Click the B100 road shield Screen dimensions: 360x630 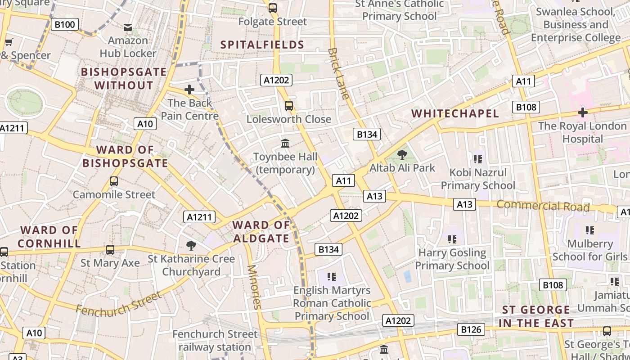tap(65, 24)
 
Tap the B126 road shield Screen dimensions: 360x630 tap(471, 329)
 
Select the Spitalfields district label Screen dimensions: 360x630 tap(263, 45)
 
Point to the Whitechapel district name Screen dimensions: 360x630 tap(455, 113)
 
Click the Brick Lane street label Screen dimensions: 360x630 tap(339, 73)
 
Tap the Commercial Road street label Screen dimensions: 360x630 tap(543, 206)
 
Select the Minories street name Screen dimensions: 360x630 tap(254, 287)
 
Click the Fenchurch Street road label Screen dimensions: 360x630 tap(118, 304)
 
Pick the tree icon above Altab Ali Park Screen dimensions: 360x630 tap(402, 155)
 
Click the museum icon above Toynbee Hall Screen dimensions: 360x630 tap(285, 143)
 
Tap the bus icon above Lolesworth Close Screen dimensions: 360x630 tap(289, 106)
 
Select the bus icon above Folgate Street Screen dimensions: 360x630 tap(273, 8)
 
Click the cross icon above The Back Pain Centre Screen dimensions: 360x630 tap(189, 90)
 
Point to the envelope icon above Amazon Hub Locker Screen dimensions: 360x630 tap(128, 27)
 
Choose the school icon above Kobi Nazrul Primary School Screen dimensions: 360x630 tap(478, 159)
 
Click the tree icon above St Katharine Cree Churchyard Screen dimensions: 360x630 tap(191, 245)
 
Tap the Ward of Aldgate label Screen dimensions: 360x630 tap(261, 231)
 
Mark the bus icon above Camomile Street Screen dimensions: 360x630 tap(114, 181)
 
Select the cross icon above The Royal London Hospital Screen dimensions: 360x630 tap(583, 112)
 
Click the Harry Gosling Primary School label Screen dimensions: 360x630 tap(452, 259)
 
